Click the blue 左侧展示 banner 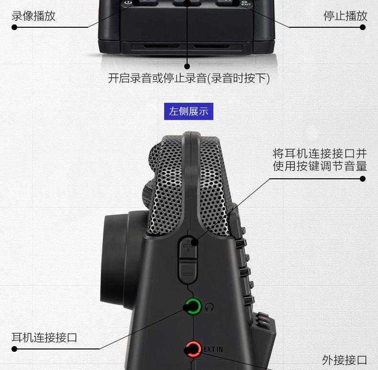coord(189,111)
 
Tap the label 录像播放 coord(33,16)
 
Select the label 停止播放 coord(345,16)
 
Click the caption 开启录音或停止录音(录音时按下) coord(189,78)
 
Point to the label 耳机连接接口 coord(44,337)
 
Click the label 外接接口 coord(345,360)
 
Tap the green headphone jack coord(193,306)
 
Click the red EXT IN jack coord(193,349)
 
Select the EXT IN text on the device coord(213,349)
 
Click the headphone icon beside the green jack coord(210,307)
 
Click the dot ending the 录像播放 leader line coord(14,27)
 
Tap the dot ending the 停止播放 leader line coord(363,27)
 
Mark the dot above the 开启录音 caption coord(187,66)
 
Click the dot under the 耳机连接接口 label coord(14,349)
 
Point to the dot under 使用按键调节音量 coord(363,179)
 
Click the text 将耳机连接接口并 coord(320,153)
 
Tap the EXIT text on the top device coord(246,4)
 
